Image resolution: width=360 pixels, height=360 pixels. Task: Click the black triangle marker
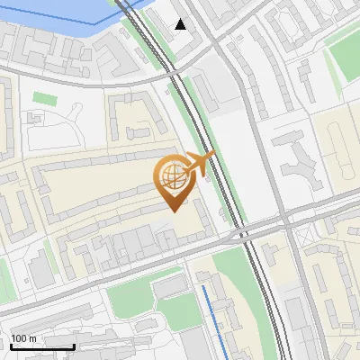(x=181, y=24)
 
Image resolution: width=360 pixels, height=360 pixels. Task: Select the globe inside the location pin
(x=172, y=178)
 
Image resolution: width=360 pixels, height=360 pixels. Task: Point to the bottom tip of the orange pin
(x=174, y=211)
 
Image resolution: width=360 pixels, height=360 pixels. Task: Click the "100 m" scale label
(x=24, y=338)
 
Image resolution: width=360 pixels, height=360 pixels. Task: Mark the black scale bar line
(x=41, y=346)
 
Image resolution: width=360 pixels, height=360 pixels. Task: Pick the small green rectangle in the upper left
(x=44, y=96)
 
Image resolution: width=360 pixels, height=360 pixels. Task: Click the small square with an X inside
(x=38, y=118)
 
